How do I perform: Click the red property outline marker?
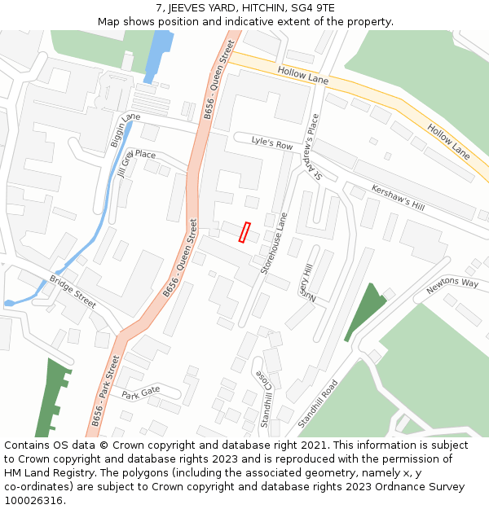coord(244,232)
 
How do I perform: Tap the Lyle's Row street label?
coord(271,144)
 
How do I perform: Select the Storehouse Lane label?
coord(275,243)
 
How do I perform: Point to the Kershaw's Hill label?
coord(398,195)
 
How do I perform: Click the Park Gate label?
coord(141,395)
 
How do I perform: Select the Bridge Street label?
coord(72,291)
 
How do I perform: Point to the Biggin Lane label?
coord(120,130)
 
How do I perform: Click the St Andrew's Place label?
coord(313,147)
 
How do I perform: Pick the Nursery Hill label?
coord(305,282)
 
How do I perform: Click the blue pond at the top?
coord(158,53)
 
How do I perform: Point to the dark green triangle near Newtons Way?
coord(363,310)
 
